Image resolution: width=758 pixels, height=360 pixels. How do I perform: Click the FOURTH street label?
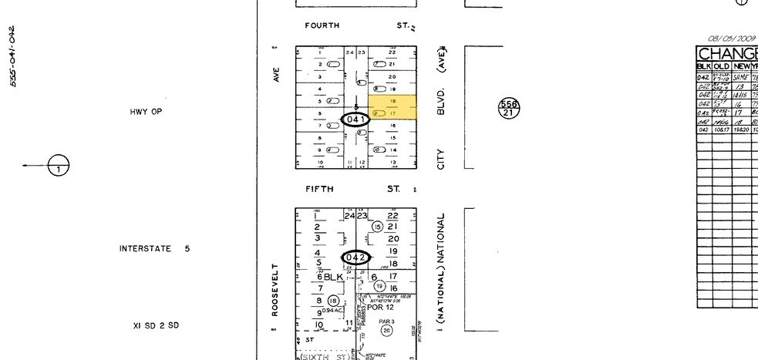click(322, 25)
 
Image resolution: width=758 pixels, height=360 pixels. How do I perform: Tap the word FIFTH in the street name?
click(318, 189)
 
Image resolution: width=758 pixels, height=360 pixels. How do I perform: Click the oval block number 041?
click(355, 119)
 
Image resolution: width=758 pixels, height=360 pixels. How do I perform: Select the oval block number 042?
click(357, 257)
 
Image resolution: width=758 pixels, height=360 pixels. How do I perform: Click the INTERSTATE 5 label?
click(154, 249)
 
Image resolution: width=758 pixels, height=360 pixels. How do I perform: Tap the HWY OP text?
click(146, 112)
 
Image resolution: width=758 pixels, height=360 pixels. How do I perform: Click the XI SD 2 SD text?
click(155, 325)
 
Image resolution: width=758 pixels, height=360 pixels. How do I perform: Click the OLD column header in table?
click(722, 66)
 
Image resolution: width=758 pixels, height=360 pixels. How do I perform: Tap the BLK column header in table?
click(703, 66)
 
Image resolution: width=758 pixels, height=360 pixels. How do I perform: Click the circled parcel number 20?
click(386, 330)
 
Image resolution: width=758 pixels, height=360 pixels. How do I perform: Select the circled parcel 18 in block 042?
click(333, 301)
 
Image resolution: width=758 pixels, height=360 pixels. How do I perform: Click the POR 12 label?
click(380, 307)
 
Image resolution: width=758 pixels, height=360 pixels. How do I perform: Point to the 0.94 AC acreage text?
click(332, 311)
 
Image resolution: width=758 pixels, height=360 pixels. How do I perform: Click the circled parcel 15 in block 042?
click(377, 227)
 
